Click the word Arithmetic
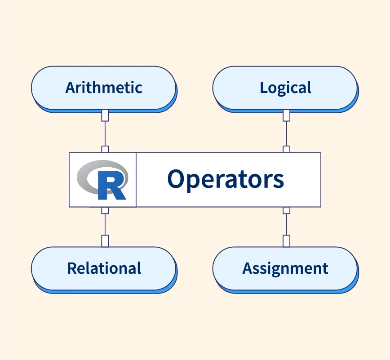coord(104,87)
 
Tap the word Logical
coord(285,88)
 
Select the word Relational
coord(104,268)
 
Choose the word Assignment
coord(285,268)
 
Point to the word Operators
coord(226,179)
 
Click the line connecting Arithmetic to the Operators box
coord(105,133)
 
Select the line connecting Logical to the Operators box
coord(286,133)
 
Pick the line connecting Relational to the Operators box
coord(105,224)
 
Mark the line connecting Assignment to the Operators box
coord(286,224)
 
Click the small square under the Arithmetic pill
coord(105,116)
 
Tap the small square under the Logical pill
coord(286,116)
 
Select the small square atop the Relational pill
coord(105,241)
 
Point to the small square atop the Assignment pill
coord(286,241)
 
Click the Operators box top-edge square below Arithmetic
coord(105,150)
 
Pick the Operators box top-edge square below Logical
coord(286,150)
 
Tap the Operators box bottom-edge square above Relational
coord(105,210)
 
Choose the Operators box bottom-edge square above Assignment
coord(286,210)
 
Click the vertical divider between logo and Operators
coord(136,180)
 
